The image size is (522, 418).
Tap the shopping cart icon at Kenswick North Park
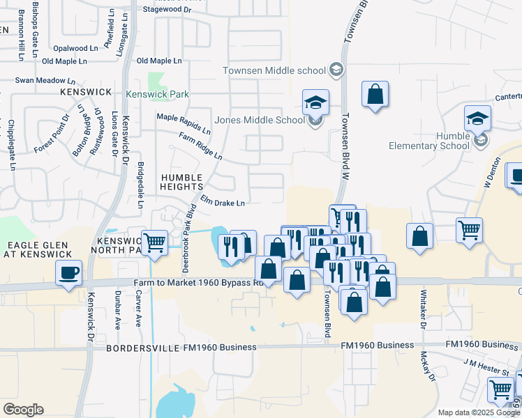pyautogui.click(x=154, y=242)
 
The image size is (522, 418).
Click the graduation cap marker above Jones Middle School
pyautogui.click(x=315, y=103)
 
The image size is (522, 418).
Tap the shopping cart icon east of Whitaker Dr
pyautogui.click(x=470, y=230)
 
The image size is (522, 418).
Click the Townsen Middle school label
pyautogui.click(x=274, y=70)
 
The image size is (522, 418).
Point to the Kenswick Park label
pyautogui.click(x=157, y=94)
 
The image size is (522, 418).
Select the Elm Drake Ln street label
pyautogui.click(x=223, y=203)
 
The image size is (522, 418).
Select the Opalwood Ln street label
pyautogui.click(x=76, y=48)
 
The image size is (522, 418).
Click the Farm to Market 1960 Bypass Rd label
pyautogui.click(x=198, y=283)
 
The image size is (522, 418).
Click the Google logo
pyautogui.click(x=23, y=410)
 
